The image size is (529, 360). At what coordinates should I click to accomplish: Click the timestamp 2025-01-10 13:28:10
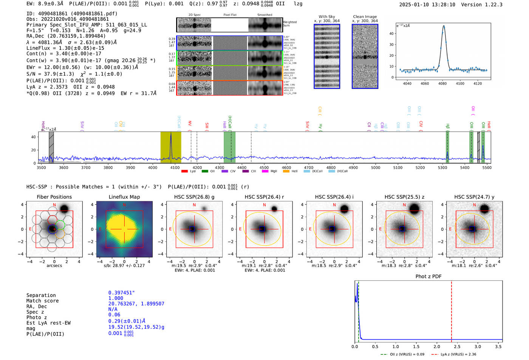click(427, 5)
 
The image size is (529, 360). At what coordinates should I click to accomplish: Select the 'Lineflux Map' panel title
click(124, 197)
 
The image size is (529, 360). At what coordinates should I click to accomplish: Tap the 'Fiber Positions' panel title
click(54, 197)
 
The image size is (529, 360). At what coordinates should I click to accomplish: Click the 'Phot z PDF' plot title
click(428, 277)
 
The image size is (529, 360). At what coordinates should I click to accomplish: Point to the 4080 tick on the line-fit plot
click(442, 83)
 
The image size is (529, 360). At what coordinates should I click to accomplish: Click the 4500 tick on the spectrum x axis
click(264, 168)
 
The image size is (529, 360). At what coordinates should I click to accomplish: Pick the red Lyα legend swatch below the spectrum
click(184, 171)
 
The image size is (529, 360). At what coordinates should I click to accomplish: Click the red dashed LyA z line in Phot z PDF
click(451, 310)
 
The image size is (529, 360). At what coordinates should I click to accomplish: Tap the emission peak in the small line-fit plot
click(444, 26)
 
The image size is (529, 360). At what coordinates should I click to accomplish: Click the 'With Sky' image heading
click(326, 17)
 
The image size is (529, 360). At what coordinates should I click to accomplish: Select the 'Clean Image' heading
click(365, 17)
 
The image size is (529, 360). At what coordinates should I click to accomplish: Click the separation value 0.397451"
click(121, 293)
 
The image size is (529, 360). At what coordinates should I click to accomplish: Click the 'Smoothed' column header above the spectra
click(264, 15)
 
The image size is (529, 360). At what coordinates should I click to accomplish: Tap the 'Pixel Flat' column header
click(230, 15)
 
